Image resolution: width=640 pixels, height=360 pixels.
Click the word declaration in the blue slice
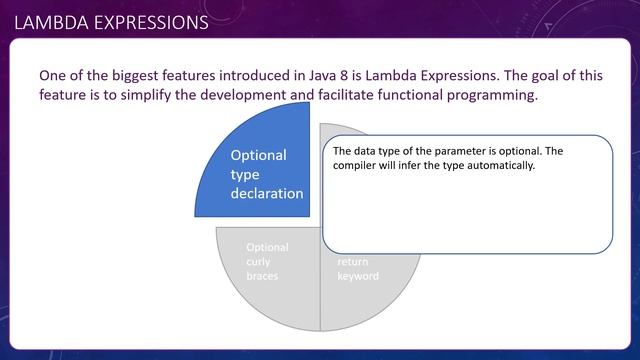click(x=266, y=193)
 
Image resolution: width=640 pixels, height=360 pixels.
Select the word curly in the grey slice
click(x=258, y=262)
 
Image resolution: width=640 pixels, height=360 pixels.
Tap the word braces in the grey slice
click(x=262, y=276)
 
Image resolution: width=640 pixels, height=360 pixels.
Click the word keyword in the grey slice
click(x=357, y=276)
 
